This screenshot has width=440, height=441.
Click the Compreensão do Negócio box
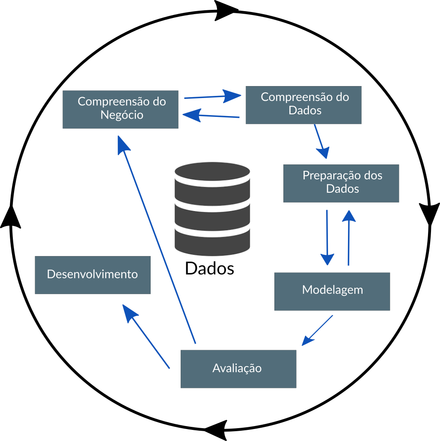[120, 109]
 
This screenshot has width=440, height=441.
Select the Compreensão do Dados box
[303, 105]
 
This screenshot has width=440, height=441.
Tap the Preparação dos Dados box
[341, 183]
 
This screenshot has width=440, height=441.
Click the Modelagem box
[332, 291]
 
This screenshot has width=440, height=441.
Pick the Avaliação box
[238, 369]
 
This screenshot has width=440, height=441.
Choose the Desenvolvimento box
[92, 275]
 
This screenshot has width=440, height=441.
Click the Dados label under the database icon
[210, 268]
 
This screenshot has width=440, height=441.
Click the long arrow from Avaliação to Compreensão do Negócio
[158, 240]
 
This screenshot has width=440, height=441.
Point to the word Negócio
[122, 115]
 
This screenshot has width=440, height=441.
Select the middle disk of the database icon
[212, 212]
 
